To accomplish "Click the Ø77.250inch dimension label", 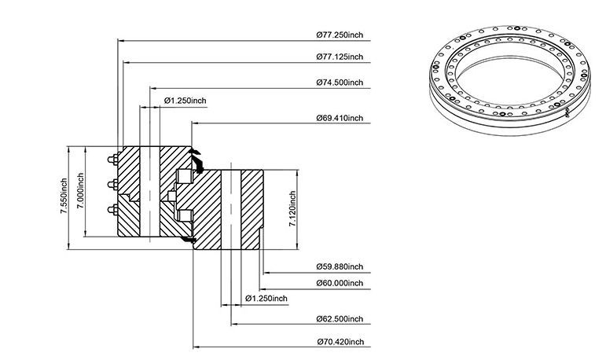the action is click(x=340, y=35).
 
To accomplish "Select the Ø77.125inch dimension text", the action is click(x=340, y=57).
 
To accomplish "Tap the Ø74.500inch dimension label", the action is click(x=340, y=83).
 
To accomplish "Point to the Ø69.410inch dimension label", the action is click(x=340, y=118).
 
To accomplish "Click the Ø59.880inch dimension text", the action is click(x=340, y=266).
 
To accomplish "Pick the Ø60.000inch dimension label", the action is click(x=340, y=283).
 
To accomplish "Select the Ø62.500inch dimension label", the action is click(x=340, y=319).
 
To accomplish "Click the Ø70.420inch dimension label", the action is click(x=340, y=342).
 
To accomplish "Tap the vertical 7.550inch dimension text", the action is click(x=64, y=196).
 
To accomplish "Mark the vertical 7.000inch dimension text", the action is click(x=80, y=191).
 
